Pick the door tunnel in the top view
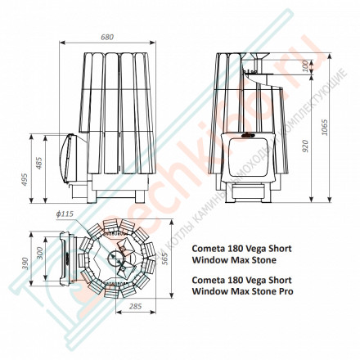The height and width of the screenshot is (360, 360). point(70,257)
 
